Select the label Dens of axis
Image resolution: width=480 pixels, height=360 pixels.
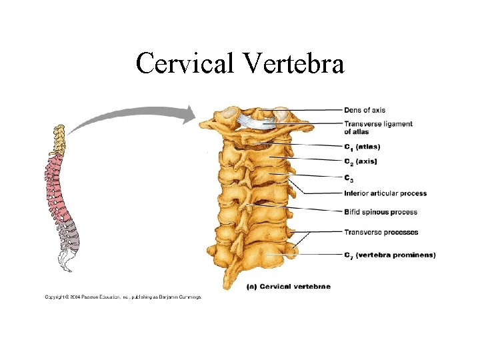coord(364,110)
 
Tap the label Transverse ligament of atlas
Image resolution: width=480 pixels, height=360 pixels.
coord(378,127)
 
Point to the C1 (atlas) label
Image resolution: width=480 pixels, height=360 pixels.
coord(362,147)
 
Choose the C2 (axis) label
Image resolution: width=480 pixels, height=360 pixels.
coord(361,161)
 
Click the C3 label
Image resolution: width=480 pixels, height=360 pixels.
coord(349,178)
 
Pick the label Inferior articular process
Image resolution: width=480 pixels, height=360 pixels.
coord(385,193)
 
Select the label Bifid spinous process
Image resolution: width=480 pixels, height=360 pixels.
coord(381,212)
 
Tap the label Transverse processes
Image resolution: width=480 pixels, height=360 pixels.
coord(381,232)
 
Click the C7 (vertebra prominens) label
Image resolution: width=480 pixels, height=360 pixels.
coord(389,255)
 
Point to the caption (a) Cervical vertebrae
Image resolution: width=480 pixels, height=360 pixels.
coord(289,286)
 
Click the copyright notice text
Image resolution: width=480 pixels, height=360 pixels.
coord(123,297)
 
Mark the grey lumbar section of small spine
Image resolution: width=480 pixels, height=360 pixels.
coord(69,240)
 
